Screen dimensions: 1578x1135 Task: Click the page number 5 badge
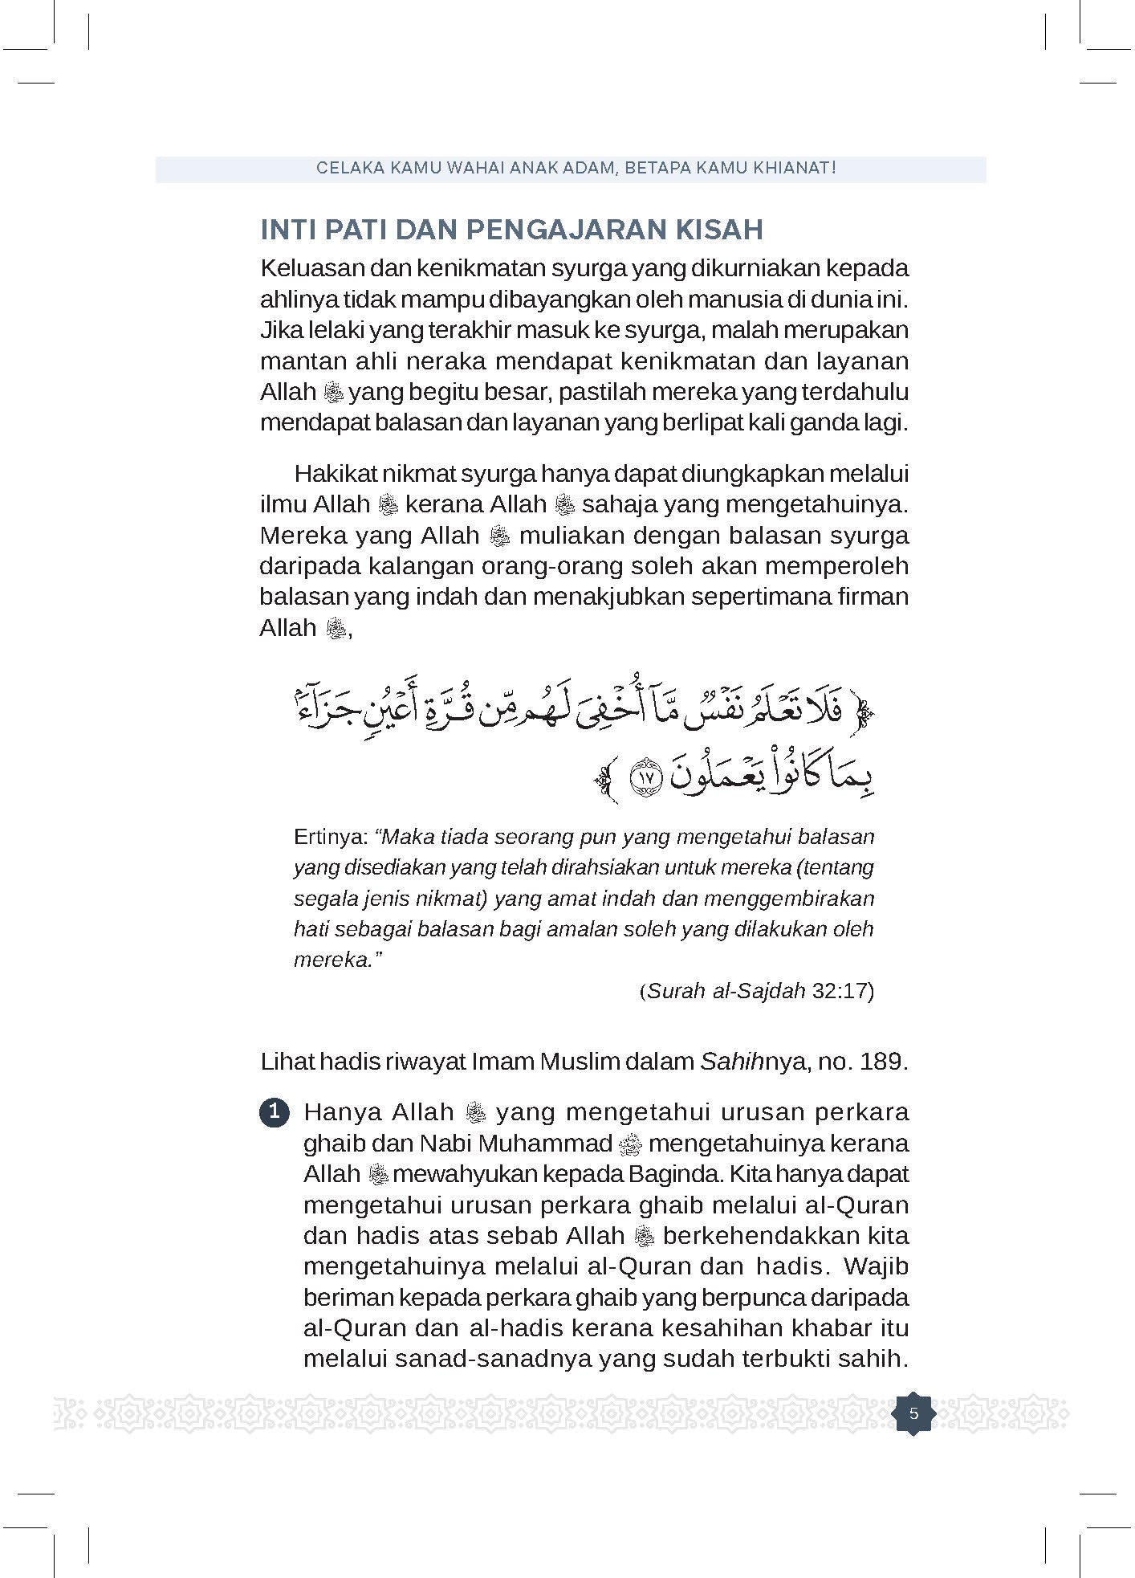coord(913,1413)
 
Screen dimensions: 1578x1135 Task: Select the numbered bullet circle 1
coord(275,1113)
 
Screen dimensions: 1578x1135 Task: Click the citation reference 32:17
coord(841,990)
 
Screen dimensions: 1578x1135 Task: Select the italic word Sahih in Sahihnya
coord(719,1062)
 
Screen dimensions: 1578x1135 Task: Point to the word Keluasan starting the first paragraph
coord(311,268)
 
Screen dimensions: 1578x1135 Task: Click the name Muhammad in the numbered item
coord(559,1144)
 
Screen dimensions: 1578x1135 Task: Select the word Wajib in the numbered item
coord(877,1266)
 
